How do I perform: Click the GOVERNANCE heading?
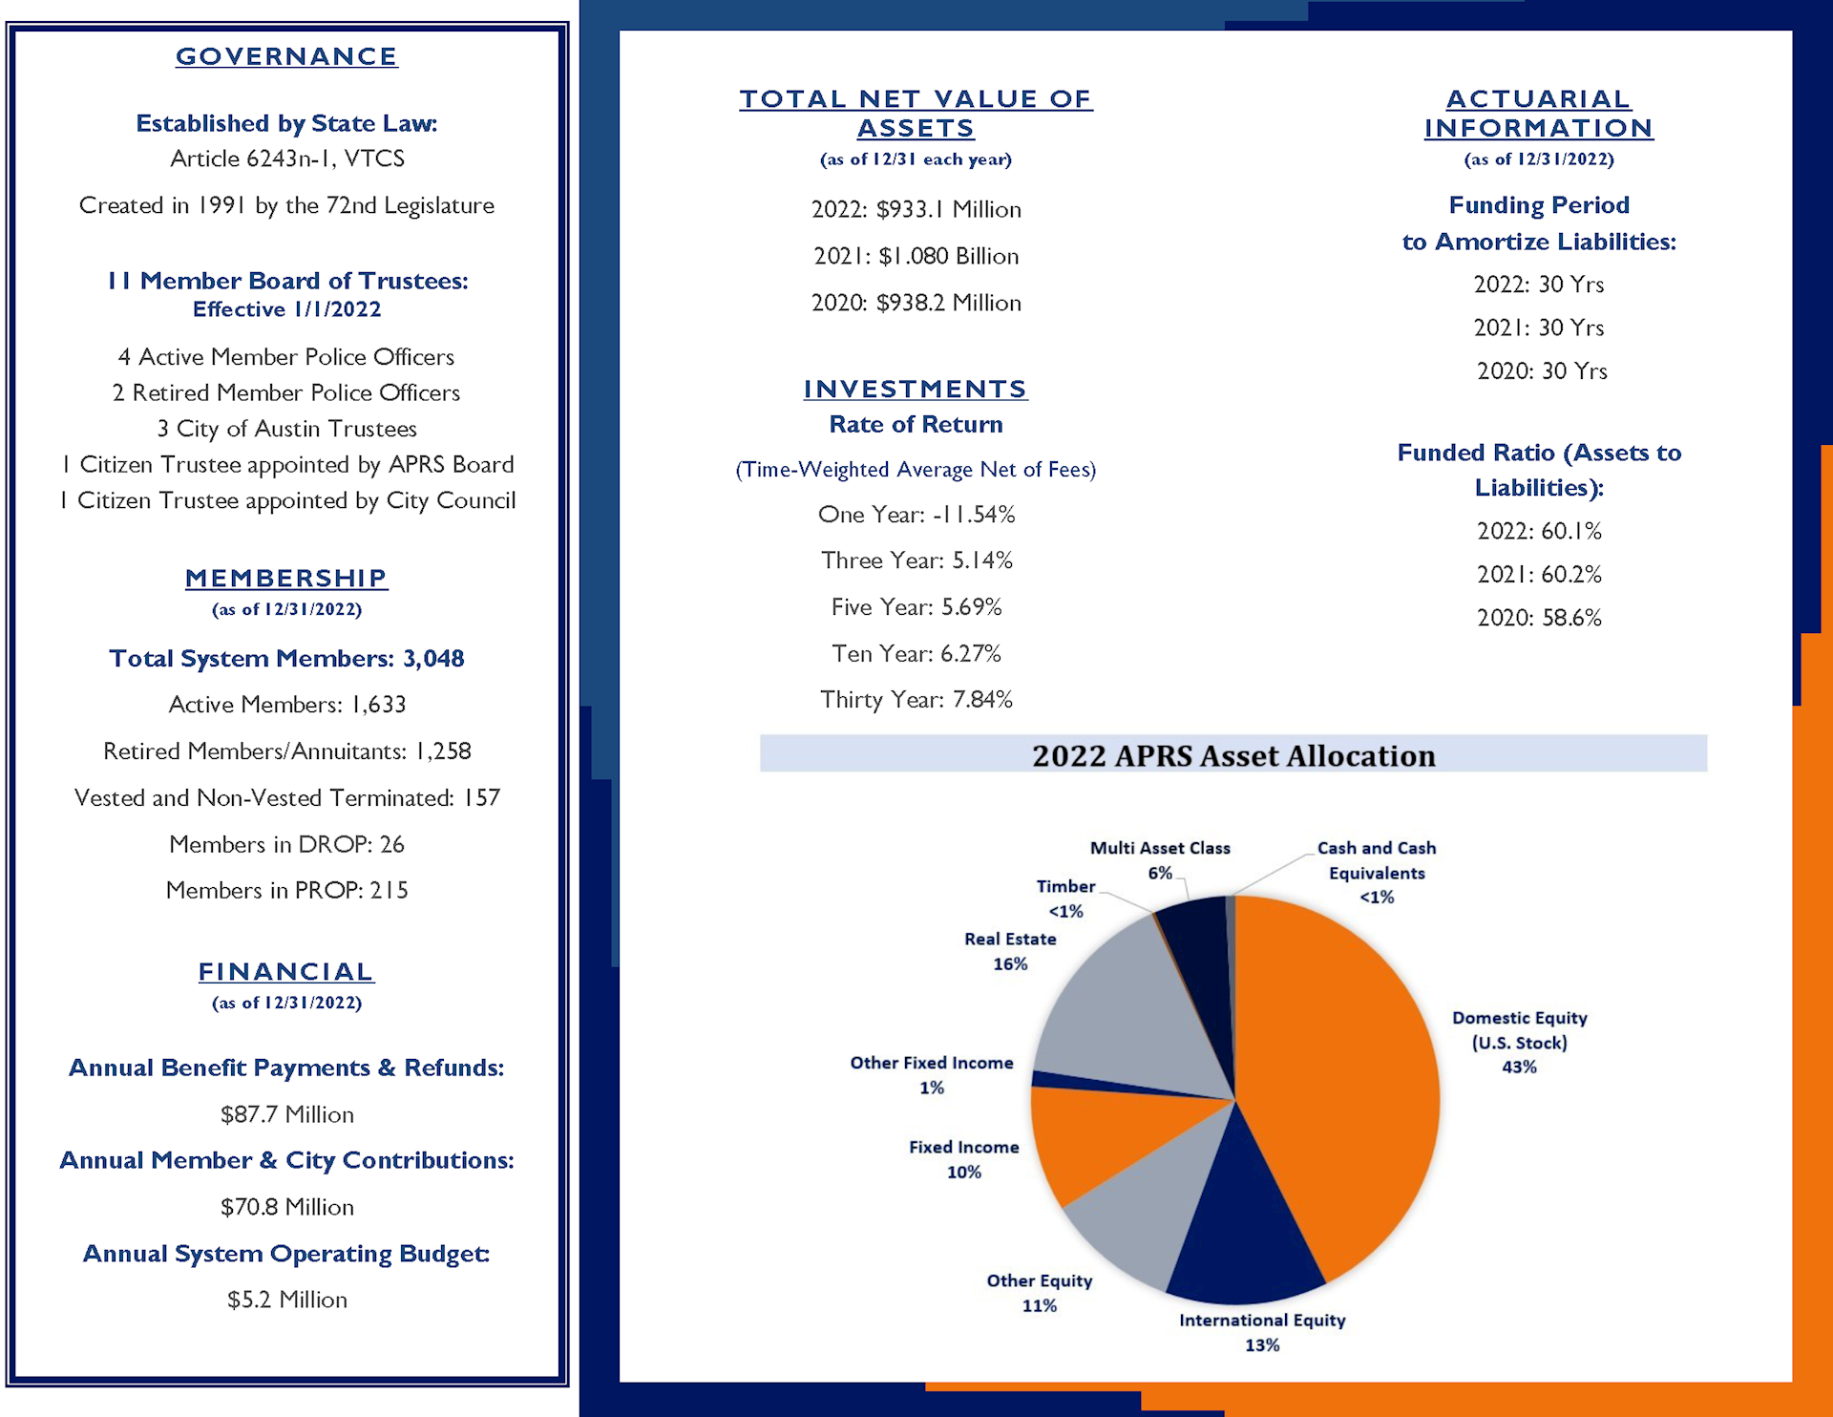point(286,56)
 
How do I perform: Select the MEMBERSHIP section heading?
point(286,578)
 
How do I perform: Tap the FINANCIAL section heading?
point(286,971)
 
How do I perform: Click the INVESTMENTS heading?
point(916,389)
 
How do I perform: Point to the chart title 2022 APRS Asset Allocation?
point(1233,755)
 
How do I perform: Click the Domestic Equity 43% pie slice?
point(1346,1079)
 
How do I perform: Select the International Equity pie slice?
point(1241,1232)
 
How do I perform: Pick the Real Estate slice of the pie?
point(1127,1012)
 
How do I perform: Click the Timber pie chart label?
point(1066,899)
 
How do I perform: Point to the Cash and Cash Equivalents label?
point(1377,873)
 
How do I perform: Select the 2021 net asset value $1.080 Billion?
point(916,256)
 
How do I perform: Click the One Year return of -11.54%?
point(916,515)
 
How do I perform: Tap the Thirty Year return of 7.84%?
point(916,700)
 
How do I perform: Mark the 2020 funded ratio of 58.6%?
point(1539,618)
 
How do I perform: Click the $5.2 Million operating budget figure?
point(286,1300)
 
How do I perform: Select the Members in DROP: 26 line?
point(286,844)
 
